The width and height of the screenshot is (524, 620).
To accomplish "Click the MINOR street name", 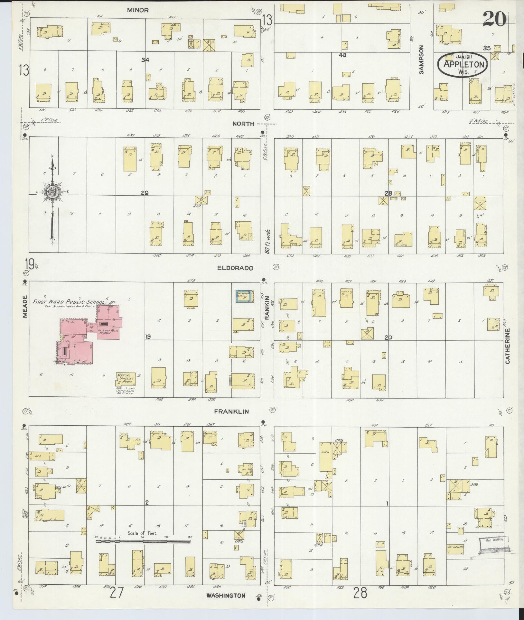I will (138, 10).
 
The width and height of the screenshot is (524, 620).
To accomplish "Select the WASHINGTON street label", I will (226, 596).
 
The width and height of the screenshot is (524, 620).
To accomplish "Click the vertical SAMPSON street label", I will (421, 60).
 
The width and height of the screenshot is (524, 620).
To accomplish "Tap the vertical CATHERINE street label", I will (508, 346).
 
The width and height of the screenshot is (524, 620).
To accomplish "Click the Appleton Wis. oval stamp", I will (463, 64).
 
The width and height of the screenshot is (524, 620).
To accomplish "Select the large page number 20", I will (494, 19).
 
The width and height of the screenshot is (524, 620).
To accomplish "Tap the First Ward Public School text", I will (69, 302).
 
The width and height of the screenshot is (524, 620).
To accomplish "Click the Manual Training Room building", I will (126, 379).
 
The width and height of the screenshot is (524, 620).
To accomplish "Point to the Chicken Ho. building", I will (455, 547).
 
